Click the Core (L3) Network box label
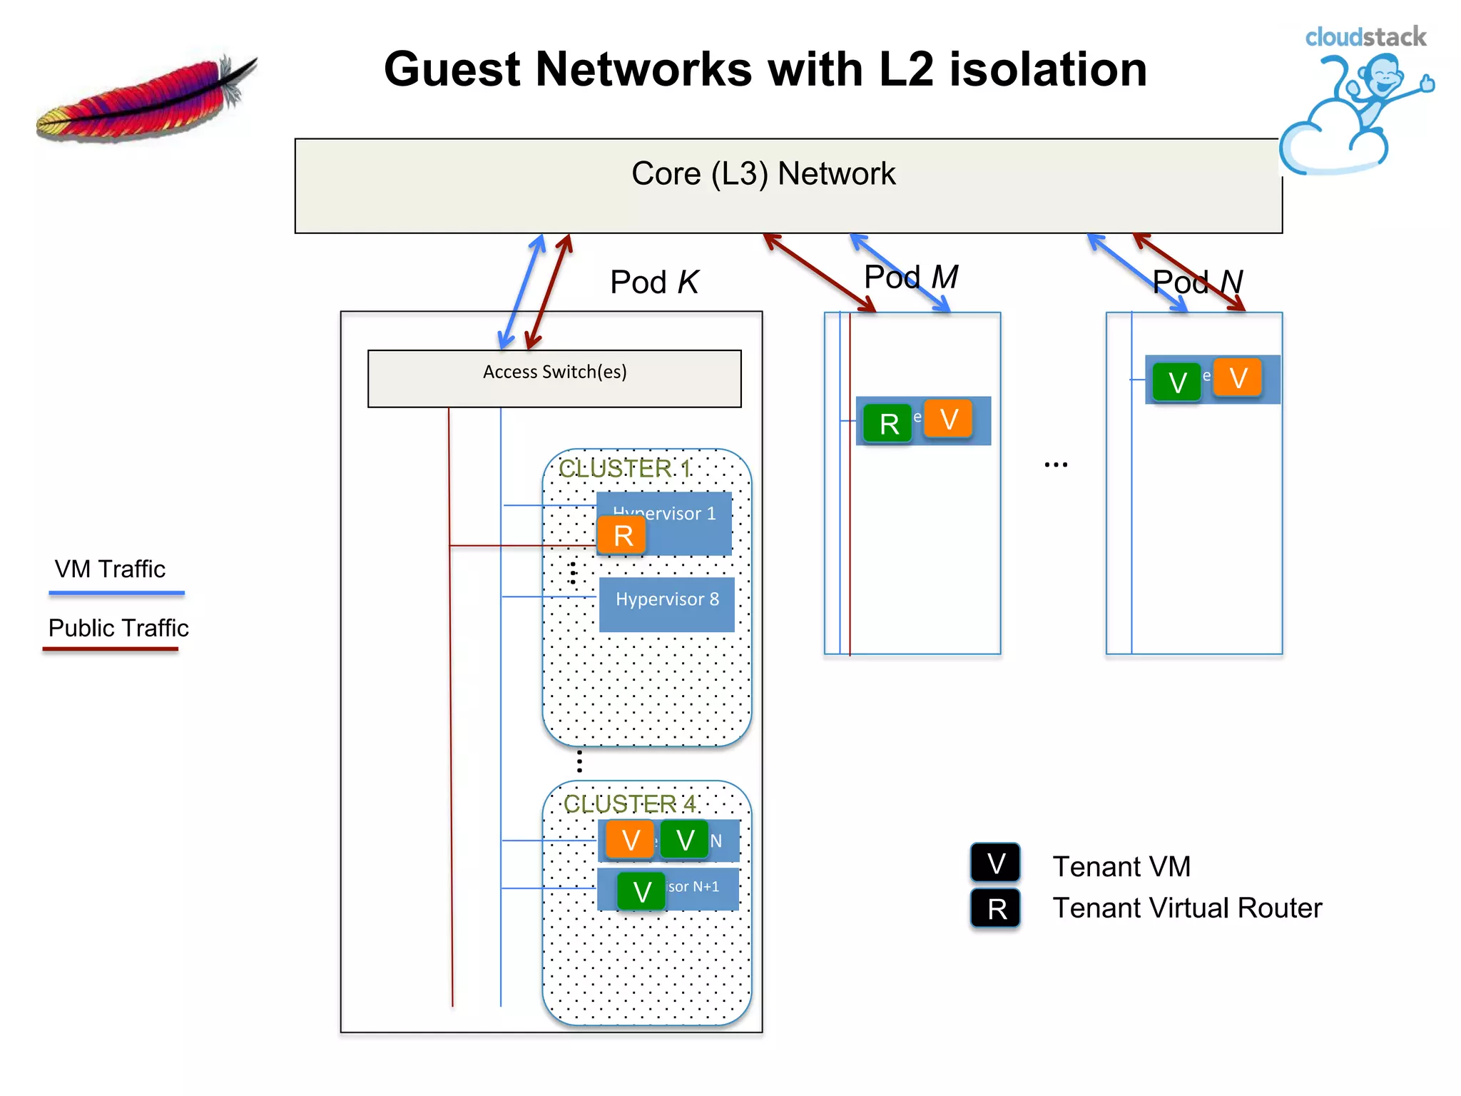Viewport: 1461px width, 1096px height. coord(763,173)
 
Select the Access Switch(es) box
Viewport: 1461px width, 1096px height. coord(554,378)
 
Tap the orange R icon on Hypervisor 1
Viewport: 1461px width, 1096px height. coord(622,535)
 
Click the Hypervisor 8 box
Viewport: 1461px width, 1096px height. coord(667,604)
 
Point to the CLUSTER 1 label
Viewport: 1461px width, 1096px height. coord(624,468)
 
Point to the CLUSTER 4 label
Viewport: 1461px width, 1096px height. coord(629,803)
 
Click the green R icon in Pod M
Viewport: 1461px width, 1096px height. coord(888,424)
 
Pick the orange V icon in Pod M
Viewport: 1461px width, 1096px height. coord(948,419)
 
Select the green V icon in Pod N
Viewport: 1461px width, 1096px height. coord(1177,382)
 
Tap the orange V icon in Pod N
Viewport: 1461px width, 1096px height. coord(1238,377)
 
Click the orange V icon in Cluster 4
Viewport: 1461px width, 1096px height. coord(630,840)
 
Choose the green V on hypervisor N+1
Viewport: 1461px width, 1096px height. coord(641,891)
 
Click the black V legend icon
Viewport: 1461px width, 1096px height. coord(995,863)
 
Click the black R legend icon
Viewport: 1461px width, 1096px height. coord(996,908)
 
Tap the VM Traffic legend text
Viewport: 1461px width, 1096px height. coord(110,569)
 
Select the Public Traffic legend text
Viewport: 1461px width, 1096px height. coord(118,628)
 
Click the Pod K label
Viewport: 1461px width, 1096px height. coord(654,282)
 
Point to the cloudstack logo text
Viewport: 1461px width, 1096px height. coord(1365,37)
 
